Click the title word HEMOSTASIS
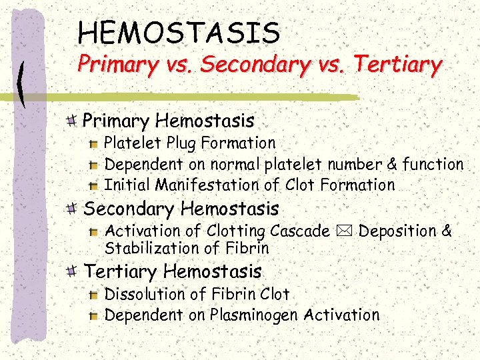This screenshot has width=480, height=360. [x=179, y=32]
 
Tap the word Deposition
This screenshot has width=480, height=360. [x=397, y=231]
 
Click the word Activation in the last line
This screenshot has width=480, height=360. [x=341, y=315]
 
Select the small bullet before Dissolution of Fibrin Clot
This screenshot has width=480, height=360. [x=95, y=295]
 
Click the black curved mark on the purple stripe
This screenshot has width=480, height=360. [x=23, y=83]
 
